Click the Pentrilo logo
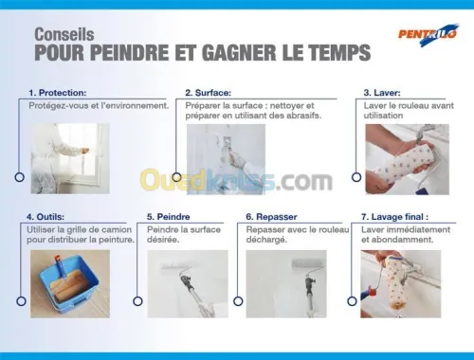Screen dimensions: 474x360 tap(428, 34)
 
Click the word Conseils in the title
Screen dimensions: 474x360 tap(64, 34)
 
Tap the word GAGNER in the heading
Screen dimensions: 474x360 tap(239, 52)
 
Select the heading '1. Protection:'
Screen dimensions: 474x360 tap(58, 93)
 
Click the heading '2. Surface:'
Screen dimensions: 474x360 tap(208, 93)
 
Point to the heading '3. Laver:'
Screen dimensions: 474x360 tap(382, 93)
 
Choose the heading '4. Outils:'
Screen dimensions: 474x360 tap(46, 217)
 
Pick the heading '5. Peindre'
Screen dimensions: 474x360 tap(168, 217)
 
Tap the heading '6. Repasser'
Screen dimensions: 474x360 tap(271, 217)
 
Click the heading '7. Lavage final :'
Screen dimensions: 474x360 tap(394, 217)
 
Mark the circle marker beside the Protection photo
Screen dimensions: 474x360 tap(20, 177)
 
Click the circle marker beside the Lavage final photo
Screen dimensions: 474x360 tap(352, 301)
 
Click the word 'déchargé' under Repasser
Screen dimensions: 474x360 tap(266, 240)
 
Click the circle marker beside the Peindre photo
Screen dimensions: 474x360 tap(137, 301)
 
